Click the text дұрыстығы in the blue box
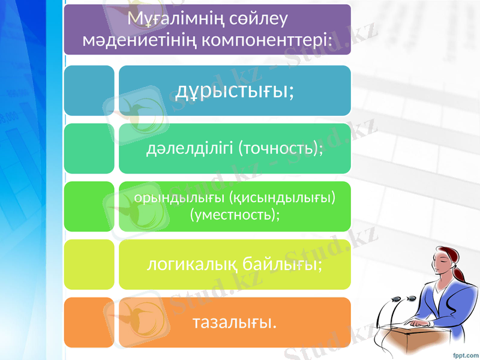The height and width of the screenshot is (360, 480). [x=235, y=91]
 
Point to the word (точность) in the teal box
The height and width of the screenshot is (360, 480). [x=281, y=148]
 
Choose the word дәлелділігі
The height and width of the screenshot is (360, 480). [x=190, y=148]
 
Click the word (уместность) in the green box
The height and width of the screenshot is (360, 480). [x=235, y=214]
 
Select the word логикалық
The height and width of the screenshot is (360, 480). [x=192, y=264]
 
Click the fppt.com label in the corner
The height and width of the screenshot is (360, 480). [x=465, y=353]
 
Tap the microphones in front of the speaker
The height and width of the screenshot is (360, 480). [x=403, y=298]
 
